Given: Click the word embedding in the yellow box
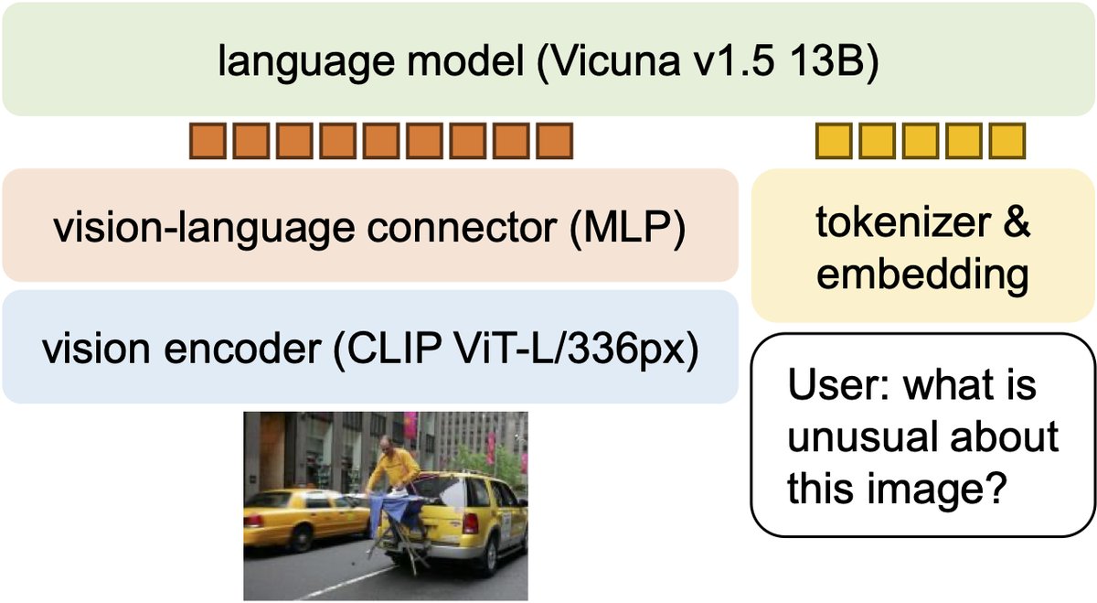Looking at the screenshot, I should tap(922, 274).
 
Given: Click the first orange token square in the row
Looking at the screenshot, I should tap(207, 141).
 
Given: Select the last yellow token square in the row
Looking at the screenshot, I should tap(1007, 141).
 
